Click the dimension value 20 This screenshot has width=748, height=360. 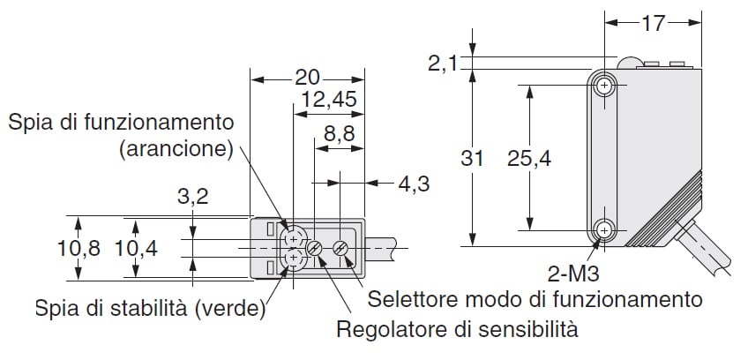tap(306, 77)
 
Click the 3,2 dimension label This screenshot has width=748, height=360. tap(191, 197)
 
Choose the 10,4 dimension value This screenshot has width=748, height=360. tap(135, 249)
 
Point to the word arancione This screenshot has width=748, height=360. tap(176, 147)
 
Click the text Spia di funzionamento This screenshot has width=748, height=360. tap(122, 122)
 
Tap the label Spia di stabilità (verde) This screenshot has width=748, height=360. tap(151, 308)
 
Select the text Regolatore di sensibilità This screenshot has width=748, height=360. tap(457, 331)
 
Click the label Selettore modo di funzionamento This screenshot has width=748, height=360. tap(535, 299)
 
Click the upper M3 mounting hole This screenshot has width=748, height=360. tap(604, 86)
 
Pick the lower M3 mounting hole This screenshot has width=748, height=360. tap(604, 231)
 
